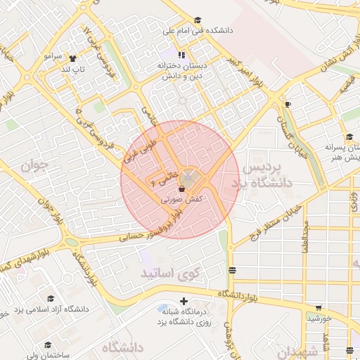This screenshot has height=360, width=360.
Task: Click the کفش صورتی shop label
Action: point(182,200)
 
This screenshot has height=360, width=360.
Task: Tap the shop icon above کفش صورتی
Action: point(182,188)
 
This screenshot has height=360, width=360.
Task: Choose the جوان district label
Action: point(33,166)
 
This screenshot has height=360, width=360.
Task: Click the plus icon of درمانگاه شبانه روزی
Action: point(184,302)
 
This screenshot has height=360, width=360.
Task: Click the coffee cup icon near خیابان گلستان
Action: point(287,104)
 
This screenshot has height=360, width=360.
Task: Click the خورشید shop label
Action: point(319,319)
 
